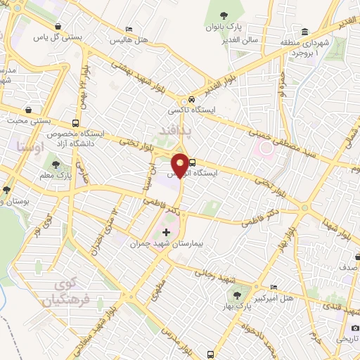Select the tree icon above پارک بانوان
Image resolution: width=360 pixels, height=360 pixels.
[223, 15]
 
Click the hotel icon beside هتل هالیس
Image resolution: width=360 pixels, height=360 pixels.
[128, 29]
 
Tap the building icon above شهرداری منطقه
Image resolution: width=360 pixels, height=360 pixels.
[304, 32]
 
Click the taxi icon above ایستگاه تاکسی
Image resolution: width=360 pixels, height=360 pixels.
[184, 100]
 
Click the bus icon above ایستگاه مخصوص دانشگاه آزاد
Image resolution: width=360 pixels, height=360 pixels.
[75, 121]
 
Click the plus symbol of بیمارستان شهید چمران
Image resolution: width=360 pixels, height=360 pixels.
[166, 232]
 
